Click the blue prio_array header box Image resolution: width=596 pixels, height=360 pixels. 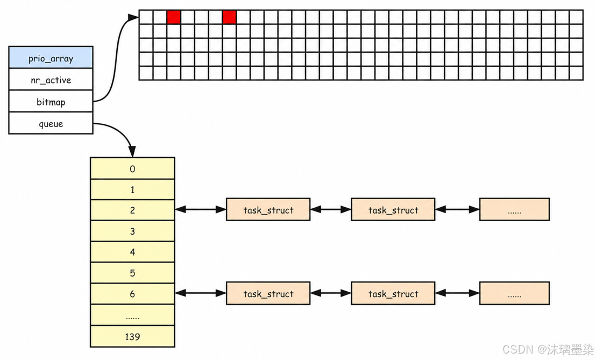click(51, 58)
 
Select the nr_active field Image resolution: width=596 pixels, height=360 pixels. click(51, 80)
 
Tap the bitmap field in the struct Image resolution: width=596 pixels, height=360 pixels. click(51, 101)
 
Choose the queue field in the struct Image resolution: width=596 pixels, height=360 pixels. click(51, 123)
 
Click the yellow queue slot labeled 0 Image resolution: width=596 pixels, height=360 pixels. click(132, 168)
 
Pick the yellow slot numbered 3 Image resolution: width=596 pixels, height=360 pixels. click(132, 231)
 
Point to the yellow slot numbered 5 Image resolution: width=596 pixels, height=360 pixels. click(132, 273)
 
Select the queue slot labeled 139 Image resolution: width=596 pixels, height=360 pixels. click(132, 336)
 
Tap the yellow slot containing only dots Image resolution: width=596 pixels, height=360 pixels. click(132, 315)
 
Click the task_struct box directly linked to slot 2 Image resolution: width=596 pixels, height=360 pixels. click(268, 209)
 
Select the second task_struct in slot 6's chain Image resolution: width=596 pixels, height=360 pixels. click(393, 293)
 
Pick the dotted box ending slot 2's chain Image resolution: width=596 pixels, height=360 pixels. click(514, 209)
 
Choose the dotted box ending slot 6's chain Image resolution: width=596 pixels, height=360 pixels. click(514, 293)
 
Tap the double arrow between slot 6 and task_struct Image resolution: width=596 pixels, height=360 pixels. click(200, 293)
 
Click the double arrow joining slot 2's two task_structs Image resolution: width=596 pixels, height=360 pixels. click(331, 209)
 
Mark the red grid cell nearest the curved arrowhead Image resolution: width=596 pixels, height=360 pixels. click(174, 17)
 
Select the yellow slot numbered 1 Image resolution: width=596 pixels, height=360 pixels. click(132, 189)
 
